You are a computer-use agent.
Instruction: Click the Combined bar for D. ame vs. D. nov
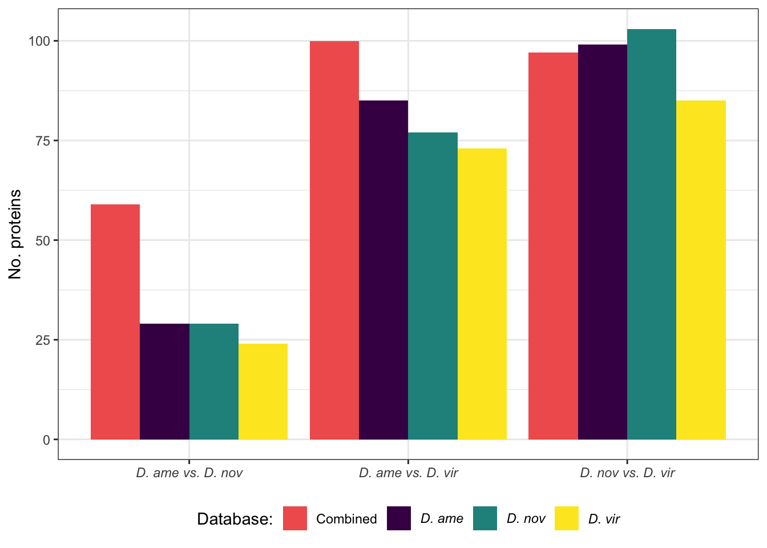(x=115, y=322)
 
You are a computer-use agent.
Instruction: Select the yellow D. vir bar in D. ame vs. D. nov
(x=263, y=392)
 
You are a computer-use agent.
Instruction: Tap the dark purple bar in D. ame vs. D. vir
(x=383, y=270)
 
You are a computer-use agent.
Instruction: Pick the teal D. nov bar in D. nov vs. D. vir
(x=652, y=234)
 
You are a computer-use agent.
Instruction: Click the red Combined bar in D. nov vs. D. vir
(x=553, y=246)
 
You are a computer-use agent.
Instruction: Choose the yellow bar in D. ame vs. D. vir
(x=482, y=294)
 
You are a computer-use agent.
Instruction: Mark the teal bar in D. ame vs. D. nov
(x=214, y=381)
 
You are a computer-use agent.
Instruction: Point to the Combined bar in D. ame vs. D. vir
(x=334, y=240)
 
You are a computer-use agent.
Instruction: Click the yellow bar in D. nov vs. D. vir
(x=701, y=270)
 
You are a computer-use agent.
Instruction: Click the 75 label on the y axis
(x=43, y=141)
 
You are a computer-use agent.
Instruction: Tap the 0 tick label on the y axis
(x=47, y=440)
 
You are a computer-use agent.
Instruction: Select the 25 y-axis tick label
(x=43, y=340)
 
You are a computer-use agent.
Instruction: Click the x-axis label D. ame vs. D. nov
(x=189, y=473)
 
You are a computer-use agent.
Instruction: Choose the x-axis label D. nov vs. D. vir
(x=627, y=473)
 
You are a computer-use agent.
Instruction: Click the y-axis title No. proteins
(x=15, y=234)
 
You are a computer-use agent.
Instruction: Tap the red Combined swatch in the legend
(x=295, y=518)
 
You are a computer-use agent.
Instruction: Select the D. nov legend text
(x=526, y=519)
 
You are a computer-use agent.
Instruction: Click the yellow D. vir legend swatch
(x=566, y=518)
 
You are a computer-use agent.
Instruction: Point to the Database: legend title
(x=235, y=519)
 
